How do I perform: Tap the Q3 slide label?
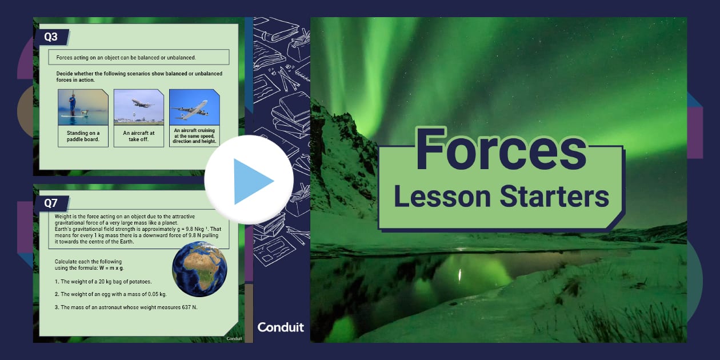point(51,37)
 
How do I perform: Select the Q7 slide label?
point(51,203)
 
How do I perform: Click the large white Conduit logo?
point(281,327)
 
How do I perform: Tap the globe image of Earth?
point(199,269)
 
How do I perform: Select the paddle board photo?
point(83,107)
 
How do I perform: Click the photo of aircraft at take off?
point(138,107)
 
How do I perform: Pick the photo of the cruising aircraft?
point(194,107)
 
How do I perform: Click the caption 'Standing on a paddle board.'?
point(83,136)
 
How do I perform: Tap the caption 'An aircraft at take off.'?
point(138,136)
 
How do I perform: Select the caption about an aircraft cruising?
point(194,136)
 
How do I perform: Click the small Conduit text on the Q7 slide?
point(234,338)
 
